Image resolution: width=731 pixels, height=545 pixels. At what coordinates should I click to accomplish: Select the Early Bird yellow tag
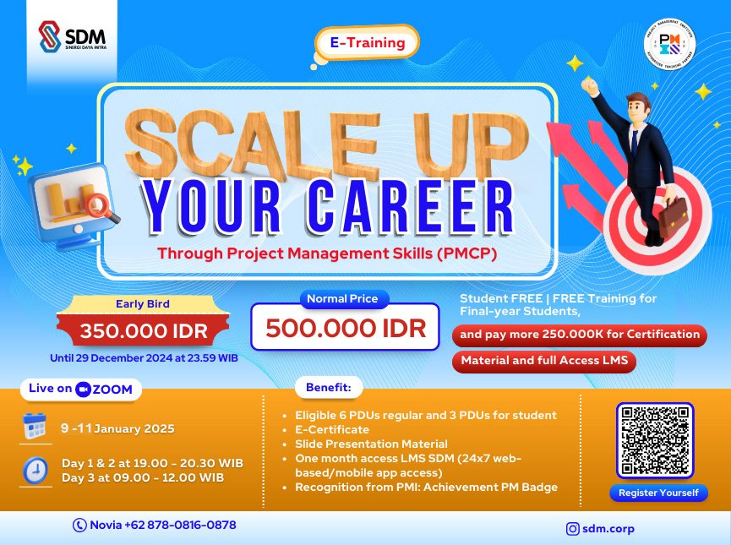pyautogui.click(x=141, y=304)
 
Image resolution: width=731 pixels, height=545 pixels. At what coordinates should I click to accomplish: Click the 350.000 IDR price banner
pyautogui.click(x=141, y=329)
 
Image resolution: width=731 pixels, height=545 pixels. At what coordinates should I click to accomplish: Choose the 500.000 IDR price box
pyautogui.click(x=345, y=328)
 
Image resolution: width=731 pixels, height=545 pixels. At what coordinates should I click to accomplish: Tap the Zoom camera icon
pyautogui.click(x=83, y=390)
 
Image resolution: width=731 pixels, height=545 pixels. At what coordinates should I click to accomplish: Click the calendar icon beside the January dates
pyautogui.click(x=35, y=428)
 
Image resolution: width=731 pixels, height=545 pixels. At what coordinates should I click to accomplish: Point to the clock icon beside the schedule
pyautogui.click(x=35, y=471)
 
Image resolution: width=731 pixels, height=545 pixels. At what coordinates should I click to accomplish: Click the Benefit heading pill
pyautogui.click(x=328, y=389)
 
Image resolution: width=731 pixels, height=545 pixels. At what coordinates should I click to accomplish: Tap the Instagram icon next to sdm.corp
pyautogui.click(x=574, y=529)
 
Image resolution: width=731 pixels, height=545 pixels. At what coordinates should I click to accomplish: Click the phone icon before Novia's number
pyautogui.click(x=80, y=525)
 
